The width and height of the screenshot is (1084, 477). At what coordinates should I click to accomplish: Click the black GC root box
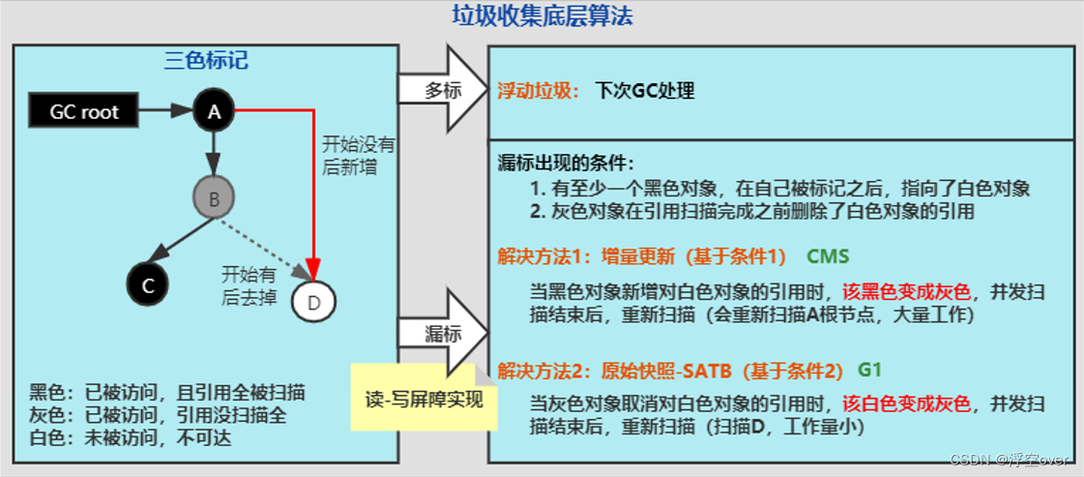[x=84, y=111]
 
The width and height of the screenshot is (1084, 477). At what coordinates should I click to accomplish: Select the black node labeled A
[x=214, y=111]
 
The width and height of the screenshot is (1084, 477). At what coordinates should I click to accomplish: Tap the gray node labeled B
[x=214, y=199]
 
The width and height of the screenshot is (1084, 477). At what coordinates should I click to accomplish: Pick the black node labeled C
[x=148, y=284]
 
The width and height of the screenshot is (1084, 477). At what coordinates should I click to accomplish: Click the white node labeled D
[x=313, y=301]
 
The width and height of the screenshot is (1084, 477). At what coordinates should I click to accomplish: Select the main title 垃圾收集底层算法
[x=542, y=15]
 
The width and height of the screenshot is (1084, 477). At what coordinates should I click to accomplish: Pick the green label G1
[x=869, y=370]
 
